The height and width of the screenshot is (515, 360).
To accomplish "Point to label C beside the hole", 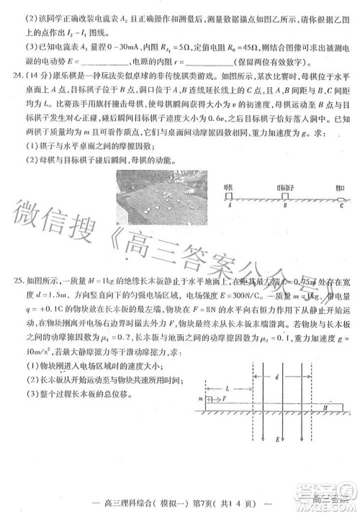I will tap(341, 206).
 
